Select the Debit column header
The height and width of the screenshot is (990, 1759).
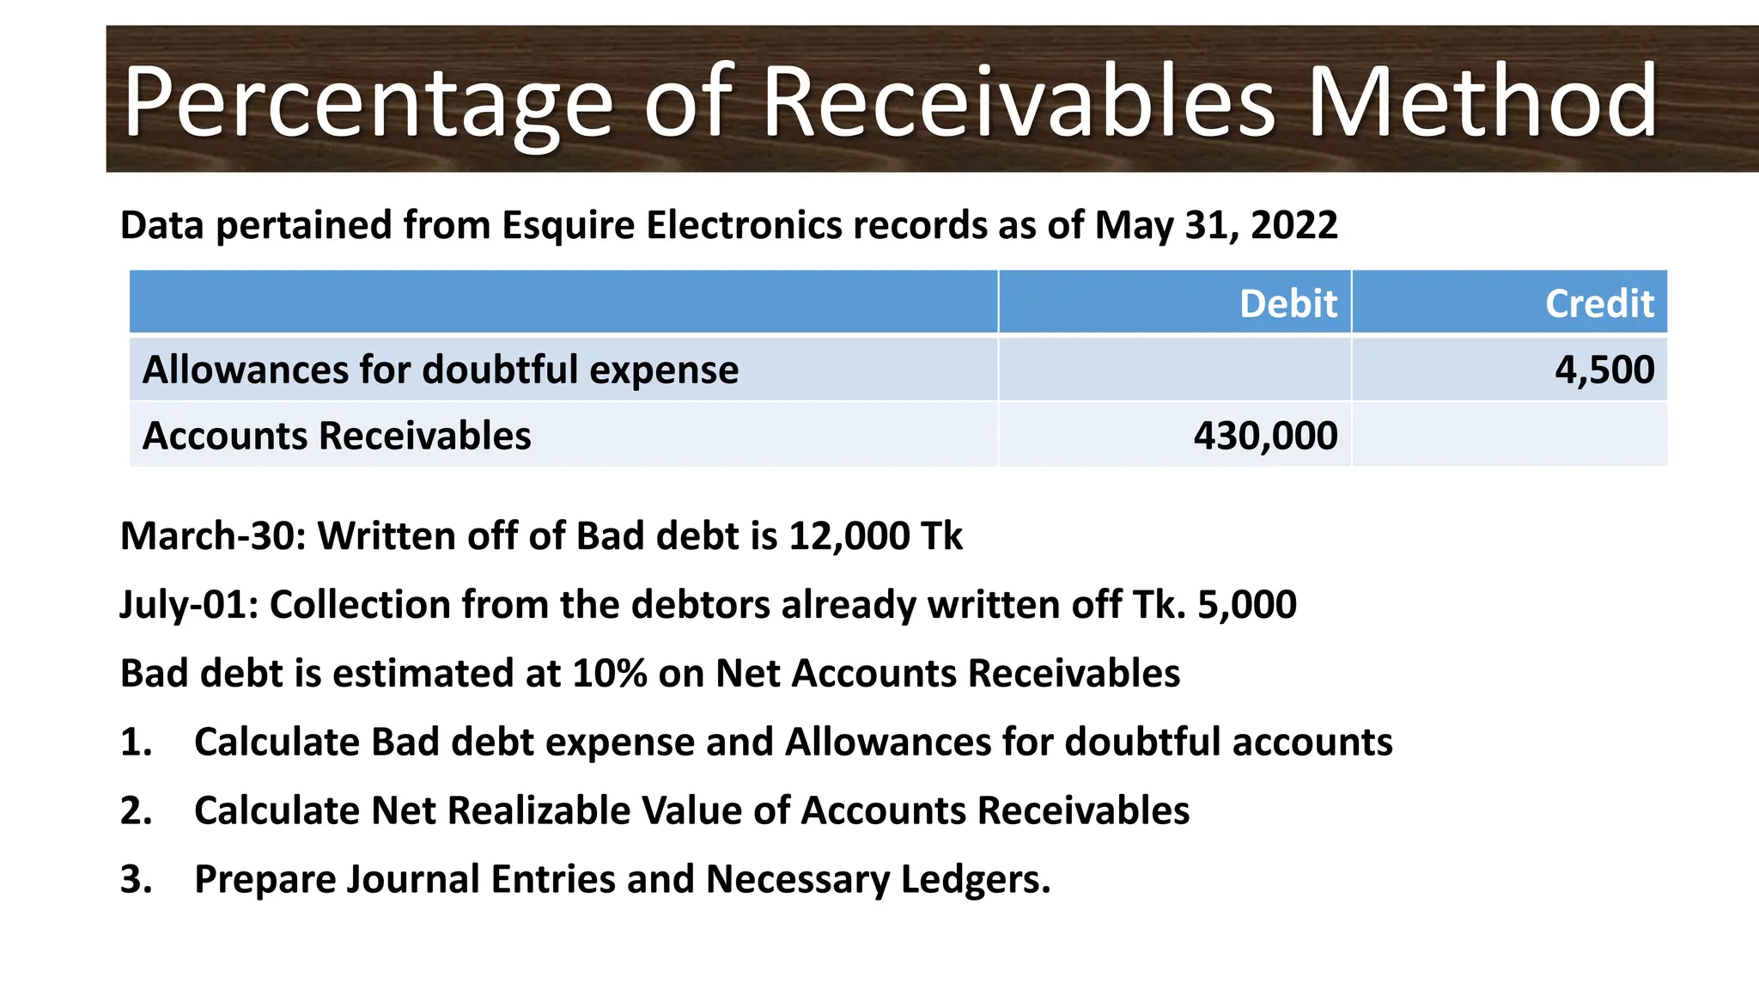pyautogui.click(x=1287, y=303)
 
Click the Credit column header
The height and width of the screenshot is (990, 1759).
pyautogui.click(x=1599, y=303)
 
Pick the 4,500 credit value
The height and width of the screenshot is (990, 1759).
pyautogui.click(x=1604, y=370)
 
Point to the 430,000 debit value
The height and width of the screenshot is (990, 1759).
pyautogui.click(x=1265, y=436)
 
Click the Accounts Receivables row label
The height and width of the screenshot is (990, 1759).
pyautogui.click(x=337, y=436)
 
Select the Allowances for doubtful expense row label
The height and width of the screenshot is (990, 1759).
pyautogui.click(x=441, y=370)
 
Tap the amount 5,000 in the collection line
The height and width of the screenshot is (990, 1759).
pyautogui.click(x=1246, y=605)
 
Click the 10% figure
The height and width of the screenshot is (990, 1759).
pyautogui.click(x=610, y=673)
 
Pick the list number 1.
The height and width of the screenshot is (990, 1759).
pyautogui.click(x=135, y=742)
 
